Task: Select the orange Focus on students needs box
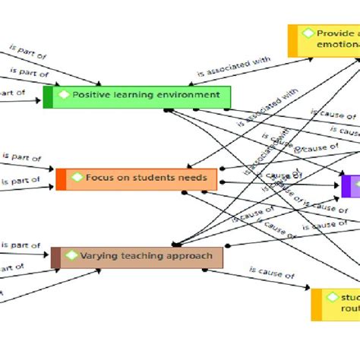pos(137,179)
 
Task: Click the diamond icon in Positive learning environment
pos(64,95)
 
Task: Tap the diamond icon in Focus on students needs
pos(77,178)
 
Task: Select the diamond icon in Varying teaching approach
pos(71,256)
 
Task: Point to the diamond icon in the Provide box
pos(308,33)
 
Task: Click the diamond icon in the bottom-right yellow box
pos(331,297)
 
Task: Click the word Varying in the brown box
pos(99,256)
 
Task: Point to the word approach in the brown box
pos(191,256)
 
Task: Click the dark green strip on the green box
pos(48,97)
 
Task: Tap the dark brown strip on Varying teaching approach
pos(55,257)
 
